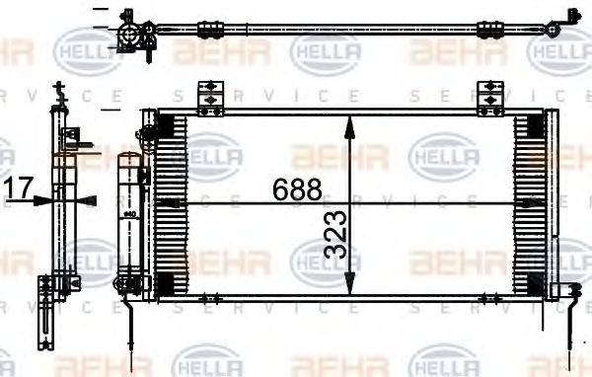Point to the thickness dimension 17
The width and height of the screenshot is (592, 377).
[x=19, y=187]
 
